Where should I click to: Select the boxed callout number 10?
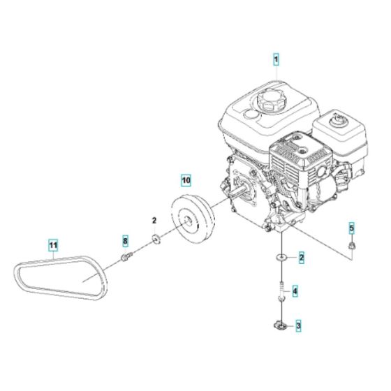click(185, 179)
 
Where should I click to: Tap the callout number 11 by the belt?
click(53, 245)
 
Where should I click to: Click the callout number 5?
click(352, 228)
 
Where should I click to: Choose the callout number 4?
click(295, 290)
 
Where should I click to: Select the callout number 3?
click(298, 325)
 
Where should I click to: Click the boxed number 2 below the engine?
click(302, 259)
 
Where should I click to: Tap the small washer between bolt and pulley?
click(155, 241)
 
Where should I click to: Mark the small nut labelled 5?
click(352, 246)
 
